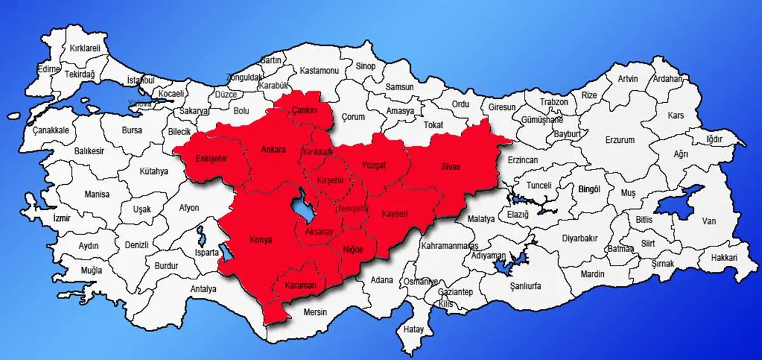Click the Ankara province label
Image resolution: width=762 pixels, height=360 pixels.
pyautogui.click(x=274, y=150)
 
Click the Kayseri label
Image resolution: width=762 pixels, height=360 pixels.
pyautogui.click(x=395, y=214)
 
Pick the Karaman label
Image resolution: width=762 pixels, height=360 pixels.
pyautogui.click(x=300, y=285)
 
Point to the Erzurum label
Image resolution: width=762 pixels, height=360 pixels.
pyautogui.click(x=620, y=139)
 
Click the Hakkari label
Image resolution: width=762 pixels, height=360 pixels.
pyautogui.click(x=724, y=258)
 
